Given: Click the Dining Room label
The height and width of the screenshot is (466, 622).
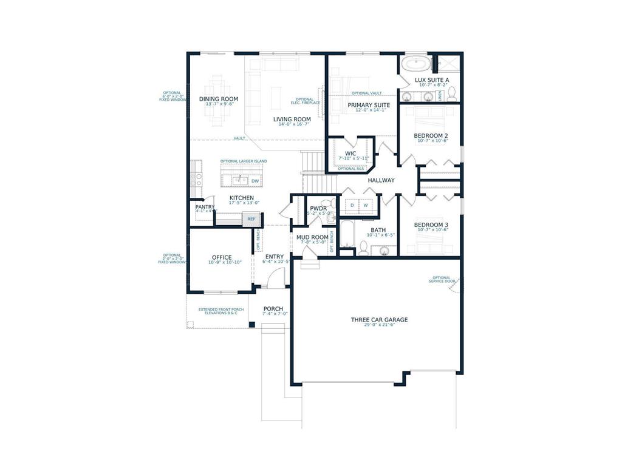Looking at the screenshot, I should click(x=219, y=99).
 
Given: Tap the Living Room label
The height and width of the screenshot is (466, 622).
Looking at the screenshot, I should click(x=292, y=119).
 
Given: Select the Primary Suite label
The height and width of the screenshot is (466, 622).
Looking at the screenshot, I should click(x=369, y=105).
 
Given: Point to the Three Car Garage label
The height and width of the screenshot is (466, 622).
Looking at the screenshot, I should click(x=379, y=320).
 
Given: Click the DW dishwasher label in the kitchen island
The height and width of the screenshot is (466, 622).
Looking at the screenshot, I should click(x=255, y=181).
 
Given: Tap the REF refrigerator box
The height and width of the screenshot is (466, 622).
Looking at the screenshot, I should click(x=251, y=219).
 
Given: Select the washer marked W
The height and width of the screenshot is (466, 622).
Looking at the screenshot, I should click(x=366, y=206).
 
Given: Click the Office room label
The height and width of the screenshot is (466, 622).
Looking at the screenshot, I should click(x=222, y=257).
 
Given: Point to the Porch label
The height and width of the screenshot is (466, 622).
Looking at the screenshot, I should click(x=273, y=309).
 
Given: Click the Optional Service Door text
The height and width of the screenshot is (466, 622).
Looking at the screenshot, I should click(x=442, y=279).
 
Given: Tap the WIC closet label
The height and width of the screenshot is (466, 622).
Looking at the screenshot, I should click(x=350, y=153).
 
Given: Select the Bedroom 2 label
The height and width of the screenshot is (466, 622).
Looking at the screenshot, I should click(x=431, y=135).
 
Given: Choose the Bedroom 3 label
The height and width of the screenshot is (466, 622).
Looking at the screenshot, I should click(x=431, y=225).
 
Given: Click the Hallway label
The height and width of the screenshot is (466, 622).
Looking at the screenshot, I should click(x=381, y=180).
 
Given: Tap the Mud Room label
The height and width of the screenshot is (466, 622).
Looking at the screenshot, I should click(x=312, y=237).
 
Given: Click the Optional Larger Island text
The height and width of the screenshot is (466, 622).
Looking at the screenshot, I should click(x=243, y=161).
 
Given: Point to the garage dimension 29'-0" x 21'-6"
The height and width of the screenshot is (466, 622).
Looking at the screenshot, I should click(x=379, y=326).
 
